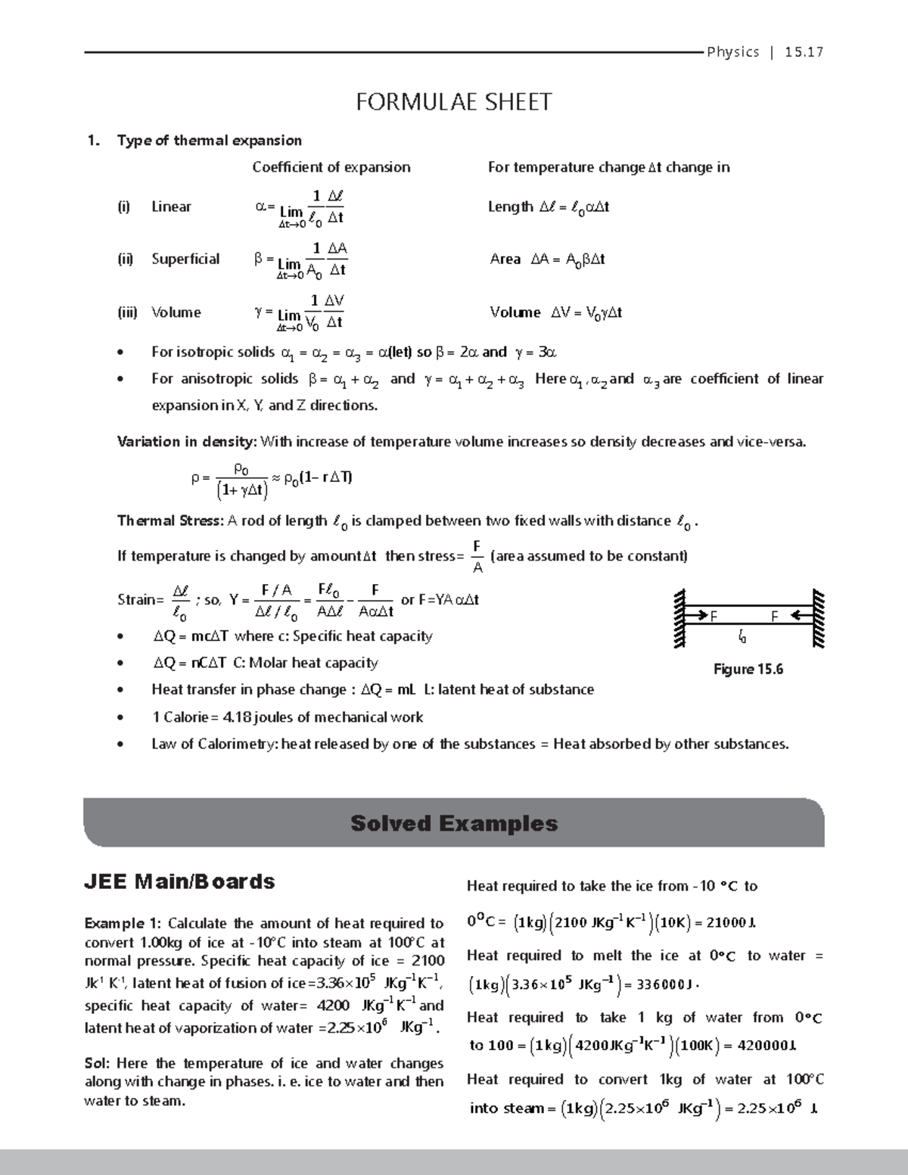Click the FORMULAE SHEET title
[454, 101]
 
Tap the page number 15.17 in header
[804, 52]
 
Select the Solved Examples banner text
[454, 823]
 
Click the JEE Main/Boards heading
[179, 881]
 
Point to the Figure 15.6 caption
[748, 669]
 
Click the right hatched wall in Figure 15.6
[816, 619]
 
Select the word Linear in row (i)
[171, 207]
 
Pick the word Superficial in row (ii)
[185, 259]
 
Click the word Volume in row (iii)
[176, 312]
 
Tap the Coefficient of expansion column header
[331, 167]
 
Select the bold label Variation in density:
[187, 442]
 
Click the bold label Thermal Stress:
[170, 521]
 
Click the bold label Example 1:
[123, 923]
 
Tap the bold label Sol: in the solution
[97, 1063]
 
